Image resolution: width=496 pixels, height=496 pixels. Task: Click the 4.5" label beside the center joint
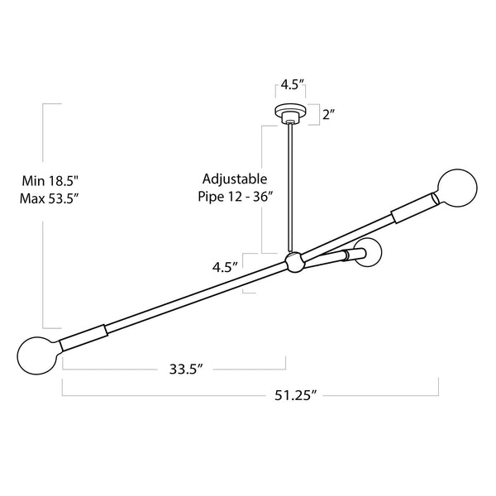[x=224, y=267]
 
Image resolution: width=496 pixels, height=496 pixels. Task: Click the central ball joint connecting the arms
[x=293, y=263]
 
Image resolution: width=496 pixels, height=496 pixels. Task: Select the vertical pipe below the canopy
[x=291, y=186]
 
